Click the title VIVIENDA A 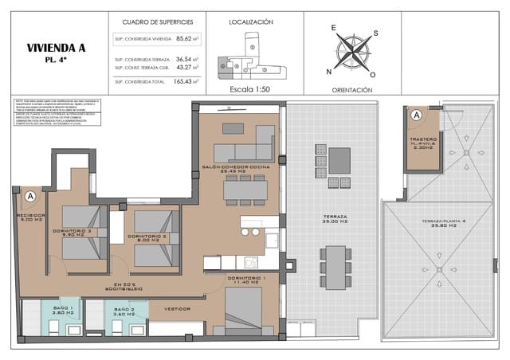tap(55, 48)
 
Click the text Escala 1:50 tap(250, 89)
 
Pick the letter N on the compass tap(328, 72)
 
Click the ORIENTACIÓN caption tap(351, 90)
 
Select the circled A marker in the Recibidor tap(29, 195)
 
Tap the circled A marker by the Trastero tap(415, 115)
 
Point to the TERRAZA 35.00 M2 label tap(335, 219)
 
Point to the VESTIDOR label tap(177, 309)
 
